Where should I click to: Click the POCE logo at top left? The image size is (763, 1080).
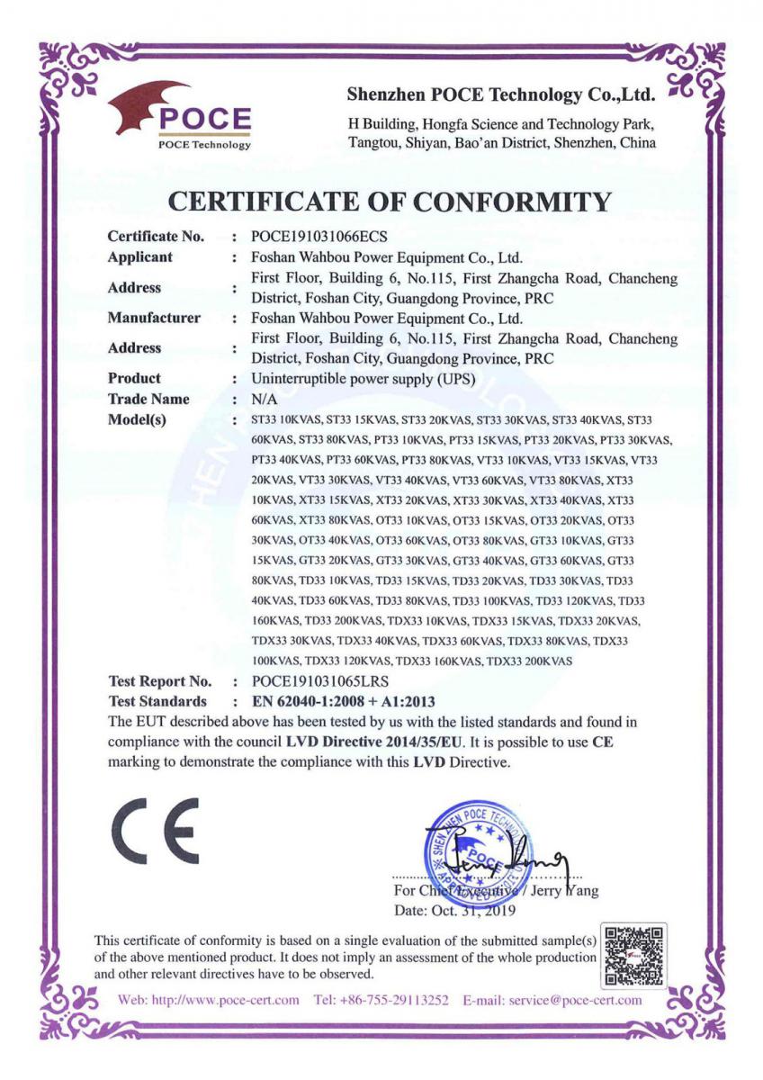point(181,116)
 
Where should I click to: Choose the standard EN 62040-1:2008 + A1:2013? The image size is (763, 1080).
point(344,701)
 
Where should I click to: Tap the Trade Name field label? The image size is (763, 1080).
point(148,399)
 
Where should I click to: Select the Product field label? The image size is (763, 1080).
point(134,378)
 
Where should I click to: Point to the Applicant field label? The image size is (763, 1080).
point(139,257)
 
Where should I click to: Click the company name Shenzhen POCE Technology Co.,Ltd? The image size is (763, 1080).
point(500,94)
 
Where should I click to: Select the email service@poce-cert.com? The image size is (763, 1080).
point(575,1000)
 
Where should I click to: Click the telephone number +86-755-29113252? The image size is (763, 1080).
point(397,1000)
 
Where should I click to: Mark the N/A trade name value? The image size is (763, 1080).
point(265,399)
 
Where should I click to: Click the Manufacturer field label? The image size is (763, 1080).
point(154,318)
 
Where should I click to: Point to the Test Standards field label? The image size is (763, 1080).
point(157,701)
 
